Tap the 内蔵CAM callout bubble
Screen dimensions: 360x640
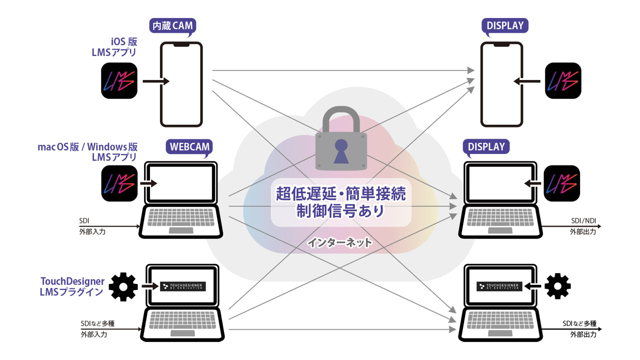pyautogui.click(x=171, y=25)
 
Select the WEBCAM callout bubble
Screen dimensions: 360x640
pyautogui.click(x=188, y=147)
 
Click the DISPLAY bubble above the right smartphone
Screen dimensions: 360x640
pyautogui.click(x=505, y=25)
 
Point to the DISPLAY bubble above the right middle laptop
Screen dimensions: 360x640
pyautogui.click(x=486, y=147)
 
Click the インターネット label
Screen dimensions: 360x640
pyautogui.click(x=339, y=243)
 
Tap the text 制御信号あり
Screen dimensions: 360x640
pyautogui.click(x=341, y=210)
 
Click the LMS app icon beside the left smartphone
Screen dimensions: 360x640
pyautogui.click(x=118, y=80)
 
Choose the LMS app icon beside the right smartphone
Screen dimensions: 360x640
pyautogui.click(x=562, y=80)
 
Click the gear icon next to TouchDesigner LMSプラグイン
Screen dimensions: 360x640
pyautogui.click(x=123, y=286)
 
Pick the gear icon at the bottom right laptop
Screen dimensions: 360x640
pyautogui.click(x=557, y=286)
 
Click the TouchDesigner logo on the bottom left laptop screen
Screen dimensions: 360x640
pyautogui.click(x=182, y=286)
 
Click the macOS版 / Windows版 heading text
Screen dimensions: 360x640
pyautogui.click(x=88, y=146)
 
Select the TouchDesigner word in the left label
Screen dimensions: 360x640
pyautogui.click(x=73, y=281)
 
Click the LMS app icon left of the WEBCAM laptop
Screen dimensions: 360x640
pyautogui.click(x=118, y=183)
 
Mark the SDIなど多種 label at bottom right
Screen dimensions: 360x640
pyautogui.click(x=579, y=322)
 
